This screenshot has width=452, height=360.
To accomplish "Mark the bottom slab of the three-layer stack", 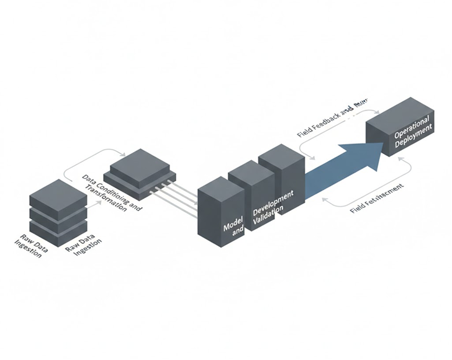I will point(58,231).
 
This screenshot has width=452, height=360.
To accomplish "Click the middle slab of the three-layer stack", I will point(58,215).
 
